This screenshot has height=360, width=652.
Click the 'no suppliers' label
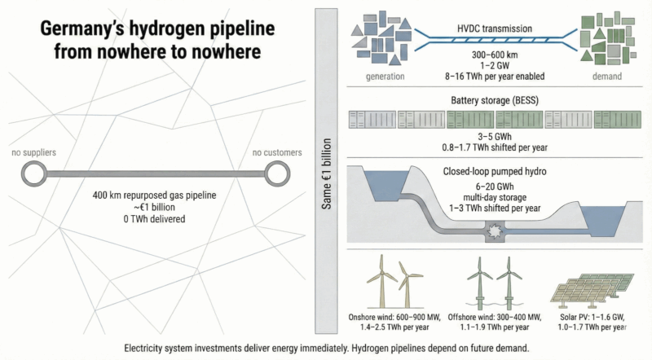[x=33, y=152]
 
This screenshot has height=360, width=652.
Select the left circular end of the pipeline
[x=33, y=173]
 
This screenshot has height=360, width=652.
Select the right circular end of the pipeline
[x=276, y=173]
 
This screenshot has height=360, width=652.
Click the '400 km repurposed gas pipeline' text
[x=155, y=196]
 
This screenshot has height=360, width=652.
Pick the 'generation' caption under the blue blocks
[x=385, y=76]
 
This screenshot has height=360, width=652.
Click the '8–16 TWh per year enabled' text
[x=484, y=76]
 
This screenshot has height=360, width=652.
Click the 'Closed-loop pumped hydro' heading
[x=484, y=173]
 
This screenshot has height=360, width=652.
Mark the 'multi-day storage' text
[x=484, y=197]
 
